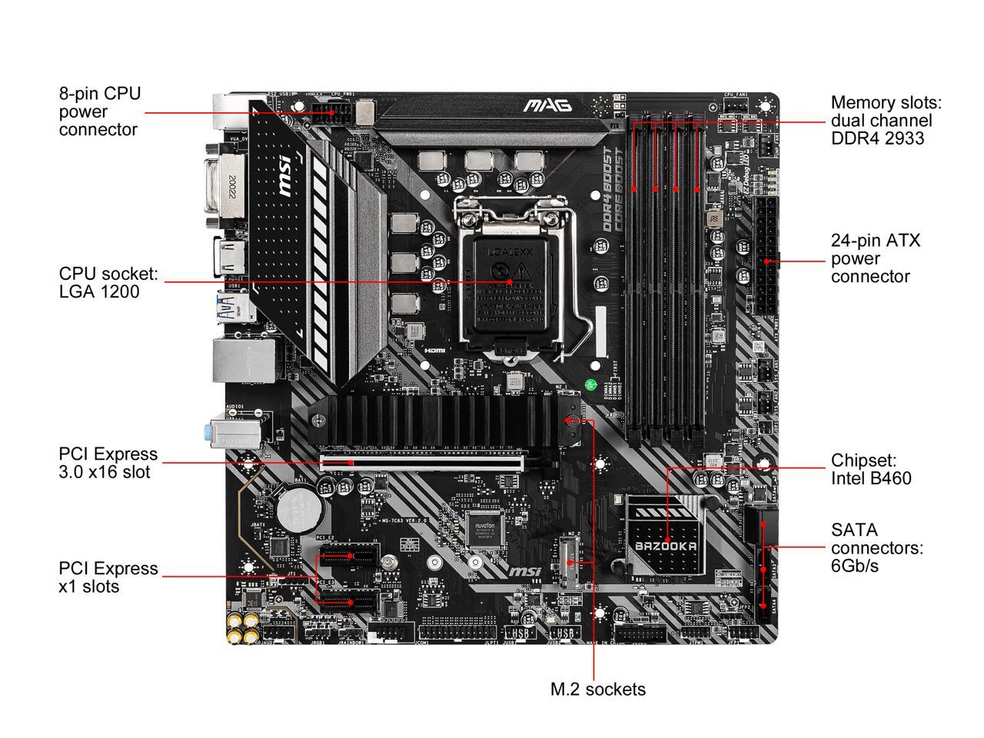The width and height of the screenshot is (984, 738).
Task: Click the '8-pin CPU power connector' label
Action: (x=100, y=111)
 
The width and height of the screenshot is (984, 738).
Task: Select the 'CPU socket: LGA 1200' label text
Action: (x=108, y=282)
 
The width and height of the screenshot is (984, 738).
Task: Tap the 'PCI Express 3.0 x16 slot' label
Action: (x=108, y=463)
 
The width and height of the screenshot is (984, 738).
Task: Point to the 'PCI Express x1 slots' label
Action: (x=108, y=577)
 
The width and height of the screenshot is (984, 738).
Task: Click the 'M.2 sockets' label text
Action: (x=598, y=689)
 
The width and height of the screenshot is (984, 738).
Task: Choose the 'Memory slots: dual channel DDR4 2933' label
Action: (x=886, y=121)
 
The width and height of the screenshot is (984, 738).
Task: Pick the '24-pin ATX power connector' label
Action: (x=875, y=258)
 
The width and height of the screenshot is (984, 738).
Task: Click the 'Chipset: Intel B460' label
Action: (x=871, y=469)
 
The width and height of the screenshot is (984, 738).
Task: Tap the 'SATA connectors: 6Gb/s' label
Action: (x=876, y=547)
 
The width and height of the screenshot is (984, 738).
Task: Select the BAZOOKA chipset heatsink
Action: (x=666, y=535)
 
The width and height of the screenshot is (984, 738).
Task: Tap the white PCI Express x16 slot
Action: (x=422, y=462)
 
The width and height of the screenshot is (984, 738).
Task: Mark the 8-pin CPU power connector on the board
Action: (x=332, y=116)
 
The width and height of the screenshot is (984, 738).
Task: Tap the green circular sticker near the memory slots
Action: (x=590, y=384)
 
